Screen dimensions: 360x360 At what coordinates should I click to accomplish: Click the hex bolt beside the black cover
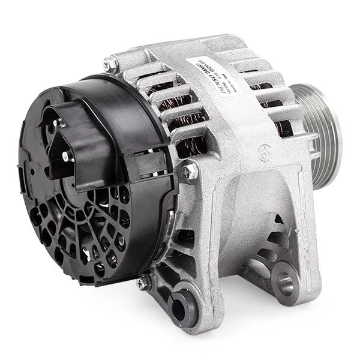pyautogui.click(x=190, y=172)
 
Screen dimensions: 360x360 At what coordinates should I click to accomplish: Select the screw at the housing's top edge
pyautogui.click(x=110, y=64)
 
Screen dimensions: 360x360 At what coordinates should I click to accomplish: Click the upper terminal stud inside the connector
pyautogui.click(x=59, y=122)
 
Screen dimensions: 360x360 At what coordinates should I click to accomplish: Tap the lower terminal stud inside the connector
pyautogui.click(x=65, y=157)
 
